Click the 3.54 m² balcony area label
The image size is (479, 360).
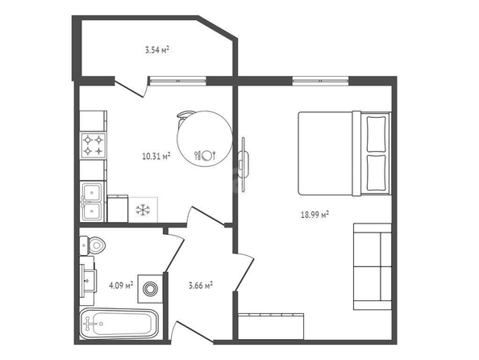pyautogui.click(x=157, y=50)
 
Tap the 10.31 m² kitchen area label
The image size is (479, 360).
pyautogui.click(x=156, y=157)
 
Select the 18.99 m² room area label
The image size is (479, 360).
pyautogui.click(x=314, y=215)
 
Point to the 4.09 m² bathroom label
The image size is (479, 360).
pyautogui.click(x=121, y=286)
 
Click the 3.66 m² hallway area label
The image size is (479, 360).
pyautogui.click(x=201, y=286)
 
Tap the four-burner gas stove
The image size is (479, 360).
pyautogui.click(x=94, y=145)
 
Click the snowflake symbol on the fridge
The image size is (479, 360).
pyautogui.click(x=143, y=210)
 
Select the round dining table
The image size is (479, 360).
pyautogui.click(x=205, y=139)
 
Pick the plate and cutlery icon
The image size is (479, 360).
pyautogui.click(x=206, y=155)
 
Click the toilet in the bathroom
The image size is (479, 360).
pyautogui.click(x=93, y=245)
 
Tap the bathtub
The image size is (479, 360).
pyautogui.click(x=119, y=324)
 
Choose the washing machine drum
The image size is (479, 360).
pyautogui.click(x=150, y=289)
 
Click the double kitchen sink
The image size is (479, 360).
pyautogui.click(x=92, y=201)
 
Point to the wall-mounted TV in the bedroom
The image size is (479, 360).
pyautogui.click(x=244, y=164)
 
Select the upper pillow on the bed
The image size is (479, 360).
pyautogui.click(x=376, y=134)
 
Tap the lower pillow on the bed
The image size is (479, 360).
pyautogui.click(x=376, y=173)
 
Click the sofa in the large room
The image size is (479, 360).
pyautogui.click(x=373, y=266)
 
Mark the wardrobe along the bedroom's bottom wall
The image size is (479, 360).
pyautogui.click(x=271, y=326)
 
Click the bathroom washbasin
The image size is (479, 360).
pyautogui.click(x=88, y=281)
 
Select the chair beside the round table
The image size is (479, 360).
pyautogui.click(x=183, y=119)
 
